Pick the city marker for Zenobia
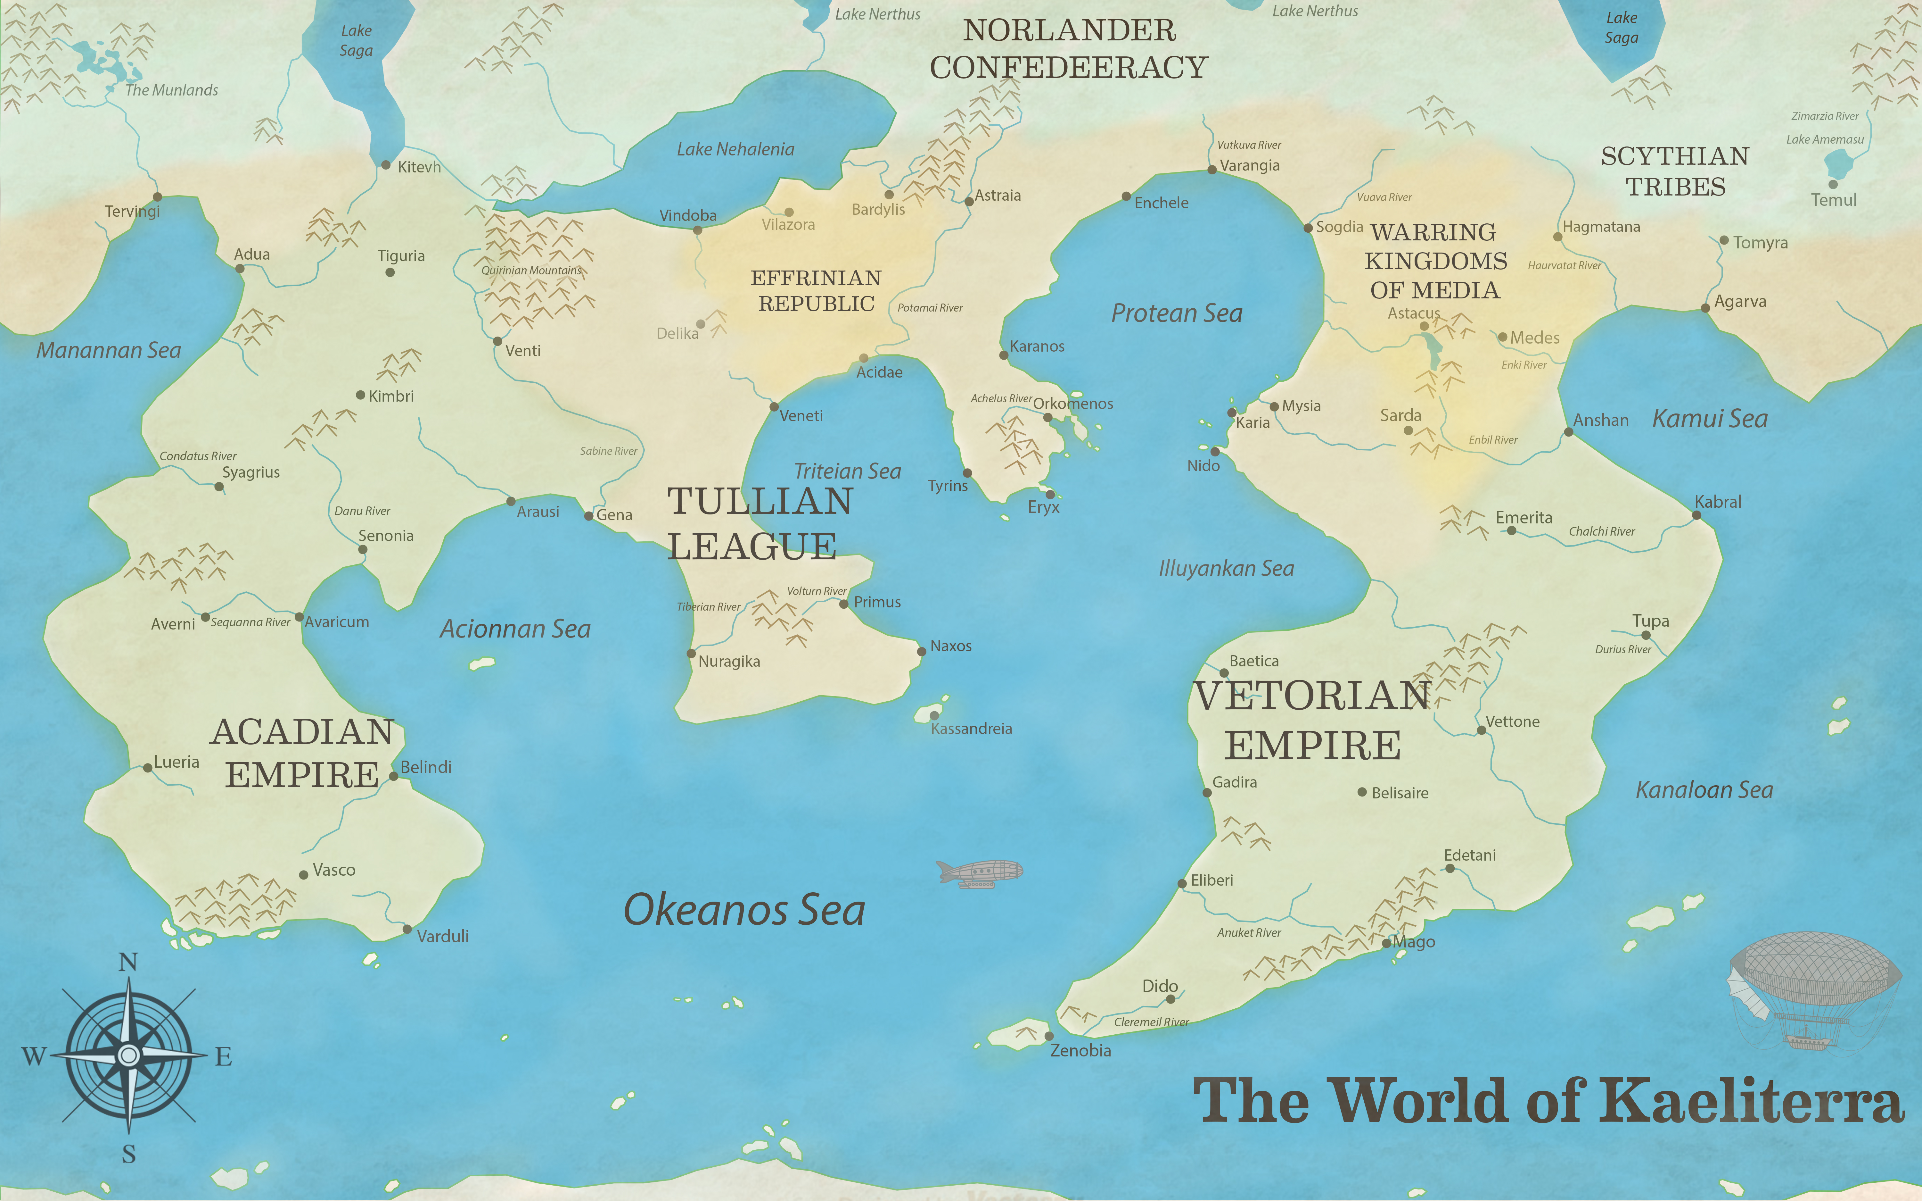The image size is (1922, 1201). point(1049,1036)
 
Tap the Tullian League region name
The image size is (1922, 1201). point(760,523)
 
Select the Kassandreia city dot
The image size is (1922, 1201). point(934,716)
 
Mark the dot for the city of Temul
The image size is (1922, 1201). point(1832,184)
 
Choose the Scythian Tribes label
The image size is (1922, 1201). point(1675,171)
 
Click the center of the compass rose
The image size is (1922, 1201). point(128,1055)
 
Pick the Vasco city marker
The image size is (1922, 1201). point(303,874)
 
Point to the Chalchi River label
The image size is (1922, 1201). point(1601,531)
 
